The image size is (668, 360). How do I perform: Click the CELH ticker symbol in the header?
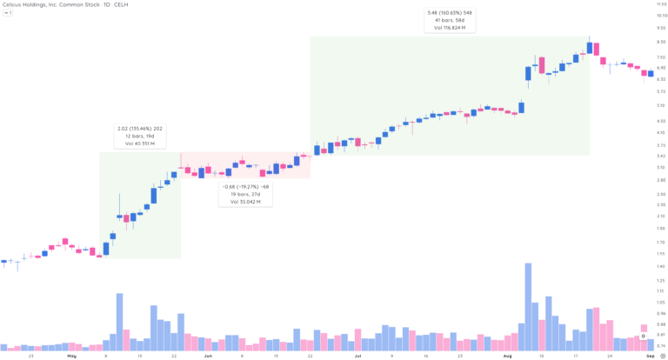110,4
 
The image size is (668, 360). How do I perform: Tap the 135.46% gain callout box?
139,136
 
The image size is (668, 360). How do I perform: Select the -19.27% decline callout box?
245,194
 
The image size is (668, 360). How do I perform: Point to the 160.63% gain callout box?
450,20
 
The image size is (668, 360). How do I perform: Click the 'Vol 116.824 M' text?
450,28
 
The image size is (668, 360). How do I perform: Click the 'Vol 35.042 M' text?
245,202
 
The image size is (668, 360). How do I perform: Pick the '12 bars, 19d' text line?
139,136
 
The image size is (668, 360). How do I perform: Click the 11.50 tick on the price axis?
661,4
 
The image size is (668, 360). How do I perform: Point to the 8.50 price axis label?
661,40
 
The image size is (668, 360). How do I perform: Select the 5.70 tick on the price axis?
661,91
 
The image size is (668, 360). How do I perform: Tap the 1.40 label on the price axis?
661,266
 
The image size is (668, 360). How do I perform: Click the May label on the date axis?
71,356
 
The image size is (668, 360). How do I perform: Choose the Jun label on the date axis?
208,356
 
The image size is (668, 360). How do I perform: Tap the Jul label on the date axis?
357,356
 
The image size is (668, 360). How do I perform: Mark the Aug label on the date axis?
508,356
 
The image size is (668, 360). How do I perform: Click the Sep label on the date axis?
651,356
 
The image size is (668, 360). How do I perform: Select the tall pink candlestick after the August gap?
542,65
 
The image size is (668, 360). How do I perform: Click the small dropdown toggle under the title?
7,13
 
